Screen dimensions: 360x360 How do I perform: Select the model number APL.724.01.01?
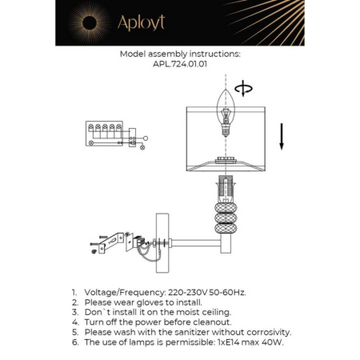coord(179,67)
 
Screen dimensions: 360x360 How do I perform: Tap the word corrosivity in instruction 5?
coord(267,332)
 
